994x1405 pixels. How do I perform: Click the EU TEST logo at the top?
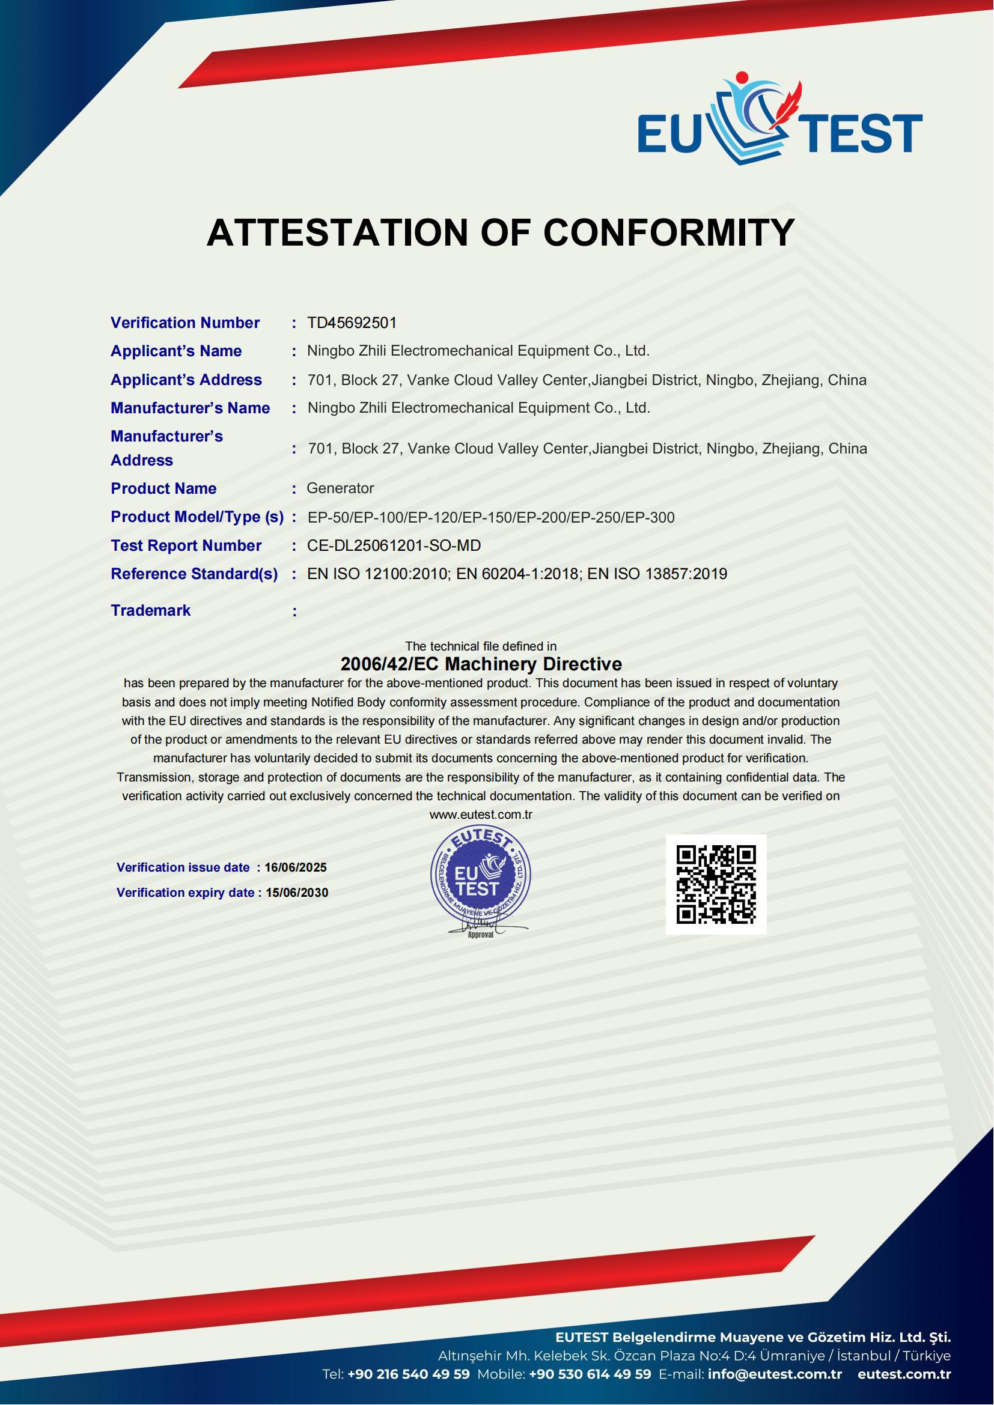pyautogui.click(x=779, y=120)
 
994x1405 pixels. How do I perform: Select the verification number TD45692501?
pyautogui.click(x=352, y=323)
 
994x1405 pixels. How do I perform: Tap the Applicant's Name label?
pyautogui.click(x=175, y=351)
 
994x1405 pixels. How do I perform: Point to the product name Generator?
pyautogui.click(x=340, y=488)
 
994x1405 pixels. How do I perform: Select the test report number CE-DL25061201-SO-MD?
pyautogui.click(x=394, y=545)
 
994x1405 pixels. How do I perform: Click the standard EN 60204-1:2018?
pyautogui.click(x=517, y=574)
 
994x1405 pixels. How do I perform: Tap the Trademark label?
pyautogui.click(x=151, y=610)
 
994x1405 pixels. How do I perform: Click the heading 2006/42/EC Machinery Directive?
pyautogui.click(x=481, y=664)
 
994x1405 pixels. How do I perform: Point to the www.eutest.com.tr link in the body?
pyautogui.click(x=481, y=815)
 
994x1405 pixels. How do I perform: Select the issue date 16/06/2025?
pyautogui.click(x=296, y=867)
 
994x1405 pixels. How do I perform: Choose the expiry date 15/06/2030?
pyautogui.click(x=297, y=893)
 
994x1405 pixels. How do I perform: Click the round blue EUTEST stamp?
pyautogui.click(x=481, y=876)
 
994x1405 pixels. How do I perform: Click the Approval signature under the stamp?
pyautogui.click(x=481, y=930)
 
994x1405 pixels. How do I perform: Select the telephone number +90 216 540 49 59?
pyautogui.click(x=408, y=1374)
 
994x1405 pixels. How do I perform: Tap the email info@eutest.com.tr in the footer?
pyautogui.click(x=775, y=1374)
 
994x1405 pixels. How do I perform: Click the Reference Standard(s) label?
pyautogui.click(x=194, y=574)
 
